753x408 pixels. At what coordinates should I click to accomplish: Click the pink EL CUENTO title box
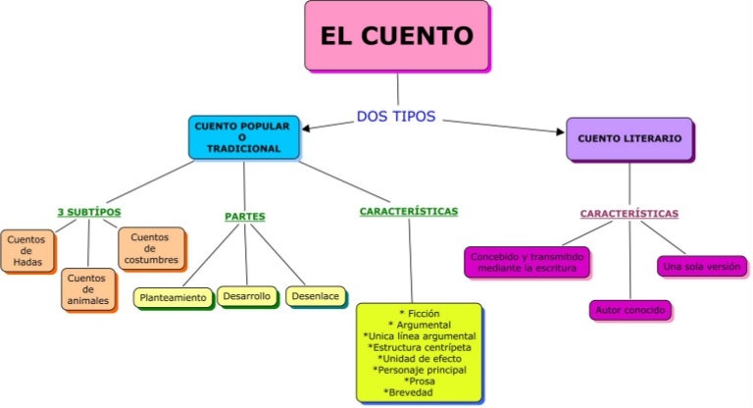coord(396,36)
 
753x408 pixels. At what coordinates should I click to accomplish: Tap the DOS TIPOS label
coord(396,117)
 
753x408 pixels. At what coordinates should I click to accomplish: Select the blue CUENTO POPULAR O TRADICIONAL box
coord(244,138)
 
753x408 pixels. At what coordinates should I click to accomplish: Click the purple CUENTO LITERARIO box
coord(629,139)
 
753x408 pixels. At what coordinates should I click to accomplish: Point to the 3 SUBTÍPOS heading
coord(89,212)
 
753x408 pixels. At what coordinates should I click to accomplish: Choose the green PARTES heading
coord(245,216)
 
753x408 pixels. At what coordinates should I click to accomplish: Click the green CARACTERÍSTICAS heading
coord(409,211)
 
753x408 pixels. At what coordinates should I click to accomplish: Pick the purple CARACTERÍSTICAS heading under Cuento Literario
coord(628,213)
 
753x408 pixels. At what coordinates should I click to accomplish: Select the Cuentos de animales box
coord(87,289)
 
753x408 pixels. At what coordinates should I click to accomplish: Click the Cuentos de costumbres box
coord(150,248)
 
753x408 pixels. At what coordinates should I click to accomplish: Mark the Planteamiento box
coord(174,297)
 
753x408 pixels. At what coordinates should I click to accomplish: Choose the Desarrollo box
coord(246,295)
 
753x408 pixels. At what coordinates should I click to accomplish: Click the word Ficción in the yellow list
coord(420,313)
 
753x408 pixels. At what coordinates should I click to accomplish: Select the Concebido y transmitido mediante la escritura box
coord(527,262)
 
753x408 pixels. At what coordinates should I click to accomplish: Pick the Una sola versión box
coord(701,266)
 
